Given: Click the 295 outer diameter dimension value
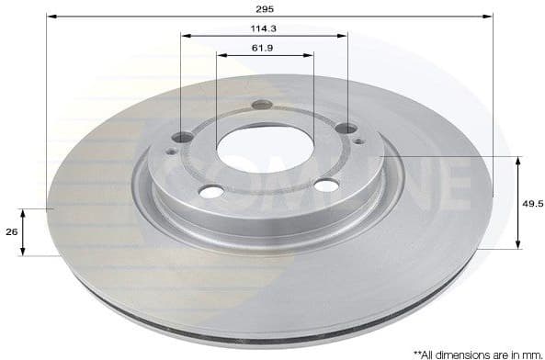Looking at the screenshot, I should (x=269, y=7).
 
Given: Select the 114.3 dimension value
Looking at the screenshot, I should (x=264, y=28).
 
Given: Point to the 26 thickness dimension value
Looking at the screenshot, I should (x=11, y=231).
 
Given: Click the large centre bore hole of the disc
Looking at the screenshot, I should (x=266, y=147).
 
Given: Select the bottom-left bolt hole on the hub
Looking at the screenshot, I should (x=210, y=191).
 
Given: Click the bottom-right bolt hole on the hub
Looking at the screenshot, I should (x=326, y=186).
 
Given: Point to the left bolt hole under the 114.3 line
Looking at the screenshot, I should (x=183, y=137).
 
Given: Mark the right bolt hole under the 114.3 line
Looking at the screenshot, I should (x=346, y=128).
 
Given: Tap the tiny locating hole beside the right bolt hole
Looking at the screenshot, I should (x=358, y=141).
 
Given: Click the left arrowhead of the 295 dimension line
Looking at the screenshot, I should (x=51, y=16).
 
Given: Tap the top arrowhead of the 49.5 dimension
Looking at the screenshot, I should (x=517, y=162).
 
